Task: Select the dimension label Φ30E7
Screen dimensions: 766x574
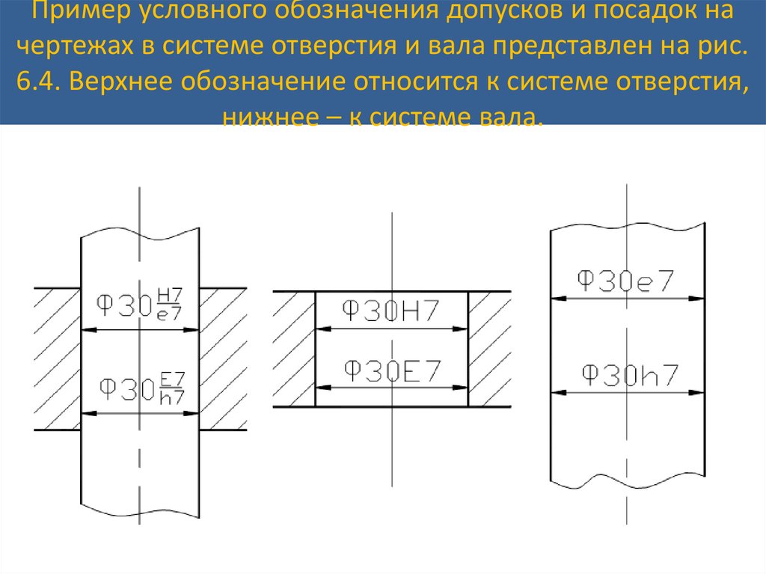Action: pyautogui.click(x=391, y=370)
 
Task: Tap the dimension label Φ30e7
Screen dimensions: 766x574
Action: pyautogui.click(x=625, y=281)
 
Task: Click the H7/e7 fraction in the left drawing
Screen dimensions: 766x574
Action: pyautogui.click(x=171, y=305)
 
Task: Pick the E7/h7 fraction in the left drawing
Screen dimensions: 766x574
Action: pyautogui.click(x=173, y=389)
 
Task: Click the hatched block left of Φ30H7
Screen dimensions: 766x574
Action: pyautogui.click(x=294, y=349)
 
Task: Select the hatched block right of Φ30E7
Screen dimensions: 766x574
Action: pyautogui.click(x=489, y=349)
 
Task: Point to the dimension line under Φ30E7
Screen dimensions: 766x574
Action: pyautogui.click(x=392, y=386)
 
